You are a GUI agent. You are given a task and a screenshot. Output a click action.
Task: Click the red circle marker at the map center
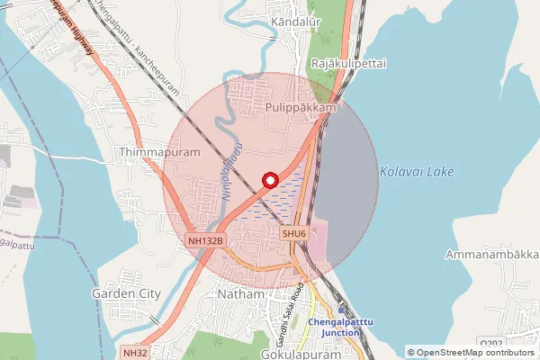click(268, 179)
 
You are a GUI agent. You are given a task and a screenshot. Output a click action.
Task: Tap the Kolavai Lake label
click(417, 171)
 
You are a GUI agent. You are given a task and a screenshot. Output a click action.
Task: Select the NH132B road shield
click(206, 241)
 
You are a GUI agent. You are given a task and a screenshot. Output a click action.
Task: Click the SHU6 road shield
click(294, 233)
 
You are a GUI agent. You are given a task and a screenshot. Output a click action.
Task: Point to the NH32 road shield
click(135, 353)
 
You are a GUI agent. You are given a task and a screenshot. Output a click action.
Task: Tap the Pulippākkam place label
click(301, 107)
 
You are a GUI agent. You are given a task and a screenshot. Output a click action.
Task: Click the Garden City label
click(126, 293)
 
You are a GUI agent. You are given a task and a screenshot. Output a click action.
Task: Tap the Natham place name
click(241, 294)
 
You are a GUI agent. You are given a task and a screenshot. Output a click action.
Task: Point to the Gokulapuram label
click(301, 354)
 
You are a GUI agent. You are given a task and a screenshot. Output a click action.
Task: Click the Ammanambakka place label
click(491, 255)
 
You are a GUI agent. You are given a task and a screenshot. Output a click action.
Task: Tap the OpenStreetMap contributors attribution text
click(476, 352)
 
